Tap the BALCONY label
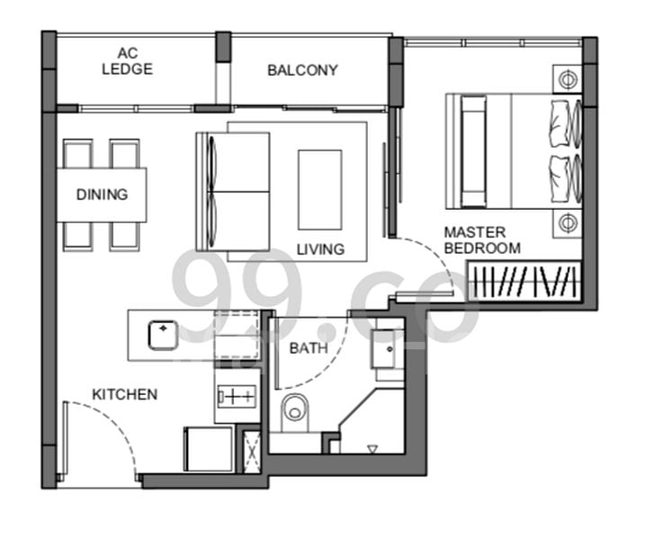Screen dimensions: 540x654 pyautogui.click(x=302, y=70)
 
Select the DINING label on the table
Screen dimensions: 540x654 pyautogui.click(x=102, y=194)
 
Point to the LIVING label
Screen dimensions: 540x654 pyautogui.click(x=320, y=249)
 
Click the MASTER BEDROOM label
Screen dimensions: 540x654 pyautogui.click(x=482, y=240)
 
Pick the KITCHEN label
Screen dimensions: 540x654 pyautogui.click(x=125, y=394)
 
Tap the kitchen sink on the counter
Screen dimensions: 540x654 pyautogui.click(x=162, y=334)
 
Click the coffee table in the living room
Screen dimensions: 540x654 pyautogui.click(x=319, y=190)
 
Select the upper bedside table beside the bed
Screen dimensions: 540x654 pyautogui.click(x=569, y=80)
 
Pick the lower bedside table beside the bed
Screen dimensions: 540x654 pyautogui.click(x=569, y=222)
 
